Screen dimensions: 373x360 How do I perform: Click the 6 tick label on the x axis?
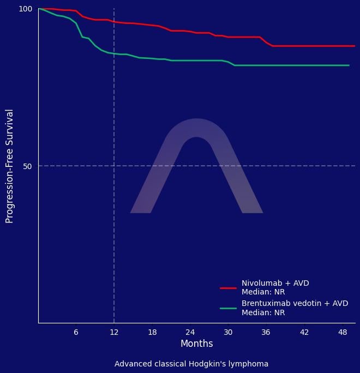[76, 332]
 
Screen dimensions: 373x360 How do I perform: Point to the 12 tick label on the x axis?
[114, 332]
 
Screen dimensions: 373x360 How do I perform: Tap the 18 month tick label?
[152, 332]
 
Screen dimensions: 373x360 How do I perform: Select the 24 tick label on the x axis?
[190, 332]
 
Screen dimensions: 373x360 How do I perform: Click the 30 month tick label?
[228, 332]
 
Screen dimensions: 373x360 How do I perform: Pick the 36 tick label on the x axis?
[266, 332]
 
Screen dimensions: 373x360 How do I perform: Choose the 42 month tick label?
[304, 332]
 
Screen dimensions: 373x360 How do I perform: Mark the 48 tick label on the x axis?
[343, 332]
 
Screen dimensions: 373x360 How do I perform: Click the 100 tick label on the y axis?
[26, 9]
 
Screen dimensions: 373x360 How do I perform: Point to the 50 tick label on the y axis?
[28, 166]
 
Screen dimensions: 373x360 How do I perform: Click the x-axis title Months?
[196, 344]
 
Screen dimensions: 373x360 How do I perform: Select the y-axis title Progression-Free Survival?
[9, 166]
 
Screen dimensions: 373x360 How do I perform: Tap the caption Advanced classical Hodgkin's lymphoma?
[191, 364]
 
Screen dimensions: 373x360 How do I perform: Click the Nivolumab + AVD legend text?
[275, 284]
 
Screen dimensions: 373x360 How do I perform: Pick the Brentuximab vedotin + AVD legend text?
[295, 304]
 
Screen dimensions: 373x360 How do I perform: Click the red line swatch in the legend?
[228, 288]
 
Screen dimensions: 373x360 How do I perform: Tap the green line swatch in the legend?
[228, 308]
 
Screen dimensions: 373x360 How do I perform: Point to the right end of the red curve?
[355, 46]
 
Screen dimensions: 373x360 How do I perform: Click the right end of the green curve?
[349, 65]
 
